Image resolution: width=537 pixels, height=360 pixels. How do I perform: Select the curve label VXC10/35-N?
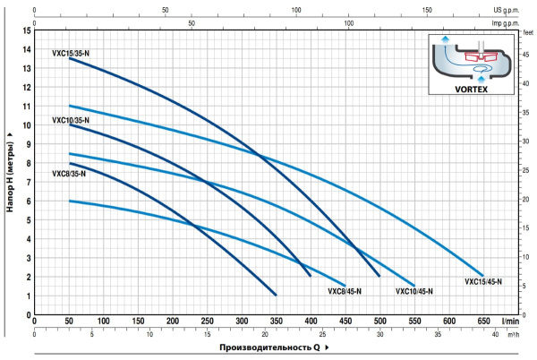71,119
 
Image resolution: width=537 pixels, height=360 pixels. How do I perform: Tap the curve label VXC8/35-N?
69,173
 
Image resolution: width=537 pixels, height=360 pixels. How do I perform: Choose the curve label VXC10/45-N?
413,291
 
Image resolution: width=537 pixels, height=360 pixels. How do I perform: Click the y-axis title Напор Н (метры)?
11,170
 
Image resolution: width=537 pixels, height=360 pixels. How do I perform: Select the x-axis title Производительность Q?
268,347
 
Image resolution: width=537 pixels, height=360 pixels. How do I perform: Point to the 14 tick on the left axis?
28,31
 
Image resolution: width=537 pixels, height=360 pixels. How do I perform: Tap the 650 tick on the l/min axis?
483,320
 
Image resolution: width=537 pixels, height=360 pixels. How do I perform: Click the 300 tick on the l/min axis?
242,320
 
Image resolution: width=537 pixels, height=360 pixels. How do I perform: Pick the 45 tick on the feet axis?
526,54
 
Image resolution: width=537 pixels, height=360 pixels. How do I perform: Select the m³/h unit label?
512,333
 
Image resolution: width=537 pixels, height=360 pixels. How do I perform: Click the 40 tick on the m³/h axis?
495,333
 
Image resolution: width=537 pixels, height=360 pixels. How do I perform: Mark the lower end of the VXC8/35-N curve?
276,295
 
